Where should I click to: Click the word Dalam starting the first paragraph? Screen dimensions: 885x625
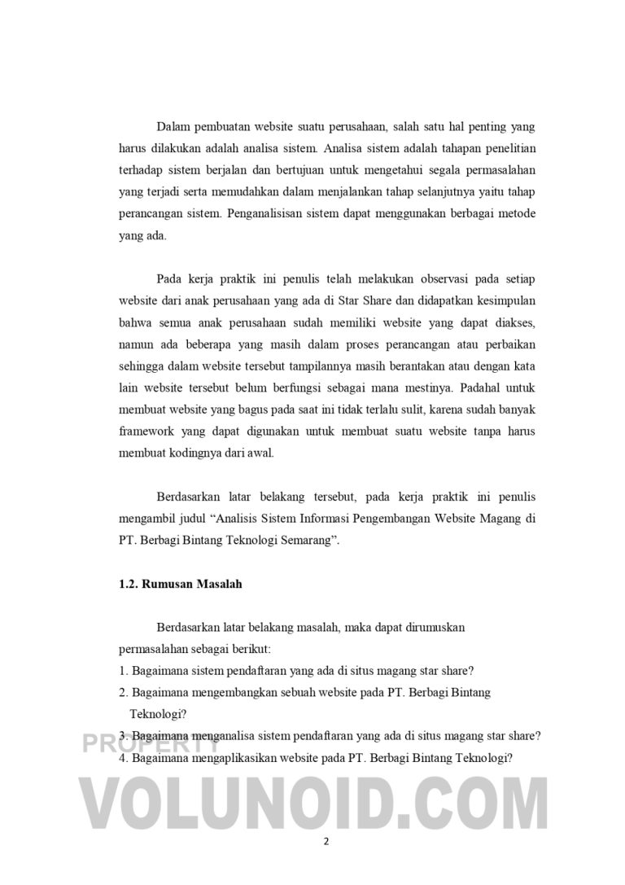pos(173,128)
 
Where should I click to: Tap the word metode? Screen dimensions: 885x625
pos(514,213)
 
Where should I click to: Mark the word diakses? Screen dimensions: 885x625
pos(513,322)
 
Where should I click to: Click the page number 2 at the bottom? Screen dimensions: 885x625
pos(326,843)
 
